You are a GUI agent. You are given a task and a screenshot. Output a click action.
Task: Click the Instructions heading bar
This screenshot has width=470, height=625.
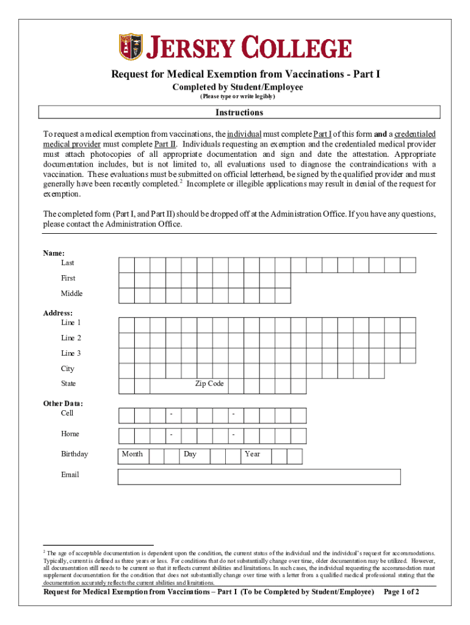[x=239, y=112]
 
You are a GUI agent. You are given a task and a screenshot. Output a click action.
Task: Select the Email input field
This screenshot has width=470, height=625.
[x=259, y=476]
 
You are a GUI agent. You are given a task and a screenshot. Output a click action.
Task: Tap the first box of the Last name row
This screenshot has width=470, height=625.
[x=126, y=264]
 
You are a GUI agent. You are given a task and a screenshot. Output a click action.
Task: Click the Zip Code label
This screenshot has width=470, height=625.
[x=209, y=384]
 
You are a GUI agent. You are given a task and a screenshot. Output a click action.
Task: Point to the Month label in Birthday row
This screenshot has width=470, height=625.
[x=132, y=454]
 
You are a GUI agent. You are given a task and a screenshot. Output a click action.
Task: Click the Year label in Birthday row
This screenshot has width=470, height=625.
[x=252, y=454]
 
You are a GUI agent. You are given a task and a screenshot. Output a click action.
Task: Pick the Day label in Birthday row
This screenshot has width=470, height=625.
[x=190, y=454]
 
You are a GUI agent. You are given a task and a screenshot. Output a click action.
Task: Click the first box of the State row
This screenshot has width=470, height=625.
[x=126, y=386]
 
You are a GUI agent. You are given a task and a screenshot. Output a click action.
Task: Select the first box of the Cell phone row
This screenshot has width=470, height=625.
[x=126, y=416]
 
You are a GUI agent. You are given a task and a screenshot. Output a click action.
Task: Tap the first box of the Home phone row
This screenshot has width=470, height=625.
[x=126, y=435]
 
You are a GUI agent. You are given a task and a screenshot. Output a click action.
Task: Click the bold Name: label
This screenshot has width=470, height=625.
[x=54, y=253]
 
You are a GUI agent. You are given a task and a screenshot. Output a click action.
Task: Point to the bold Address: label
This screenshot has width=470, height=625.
[x=57, y=313]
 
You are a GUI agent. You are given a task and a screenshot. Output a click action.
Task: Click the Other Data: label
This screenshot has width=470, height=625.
[x=63, y=403]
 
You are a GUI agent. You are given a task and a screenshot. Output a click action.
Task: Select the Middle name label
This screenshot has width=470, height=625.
[x=71, y=294]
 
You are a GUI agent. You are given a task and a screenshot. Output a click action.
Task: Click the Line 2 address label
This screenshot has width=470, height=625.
[x=71, y=338]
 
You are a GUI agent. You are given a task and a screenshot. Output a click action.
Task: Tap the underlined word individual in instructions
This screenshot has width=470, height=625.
[x=244, y=134]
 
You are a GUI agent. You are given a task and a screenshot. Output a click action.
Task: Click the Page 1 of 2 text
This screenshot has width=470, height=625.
[x=401, y=592]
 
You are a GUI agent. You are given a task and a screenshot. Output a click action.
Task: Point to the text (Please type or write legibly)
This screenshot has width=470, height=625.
[x=237, y=97]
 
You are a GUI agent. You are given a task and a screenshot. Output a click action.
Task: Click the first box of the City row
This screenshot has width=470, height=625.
[x=126, y=370]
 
